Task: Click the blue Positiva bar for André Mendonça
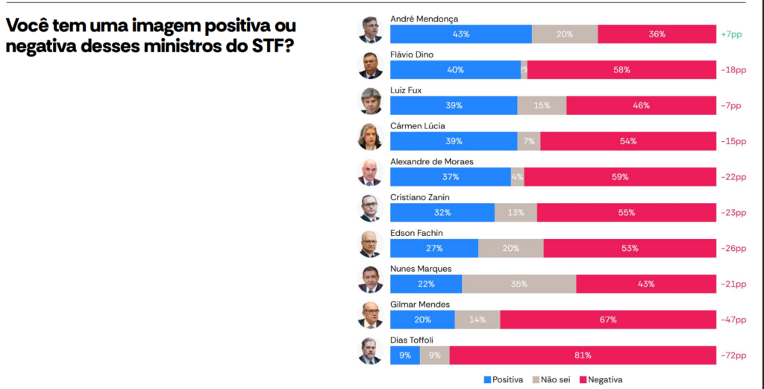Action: click(460, 34)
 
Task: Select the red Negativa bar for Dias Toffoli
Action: click(583, 355)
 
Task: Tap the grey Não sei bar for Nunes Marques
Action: click(519, 284)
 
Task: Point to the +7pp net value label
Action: click(732, 34)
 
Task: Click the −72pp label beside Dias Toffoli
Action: click(732, 355)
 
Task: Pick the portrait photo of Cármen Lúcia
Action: click(370, 137)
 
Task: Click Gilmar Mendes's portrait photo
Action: click(370, 315)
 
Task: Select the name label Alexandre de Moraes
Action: click(431, 161)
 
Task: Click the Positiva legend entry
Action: click(504, 379)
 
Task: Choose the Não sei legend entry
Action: click(554, 379)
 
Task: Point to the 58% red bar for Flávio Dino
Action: click(621, 70)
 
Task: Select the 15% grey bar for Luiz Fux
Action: click(542, 105)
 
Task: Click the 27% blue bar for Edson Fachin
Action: click(433, 248)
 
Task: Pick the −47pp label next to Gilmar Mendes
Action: click(732, 320)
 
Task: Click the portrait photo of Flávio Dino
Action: click(370, 65)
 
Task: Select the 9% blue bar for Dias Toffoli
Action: click(404, 355)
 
